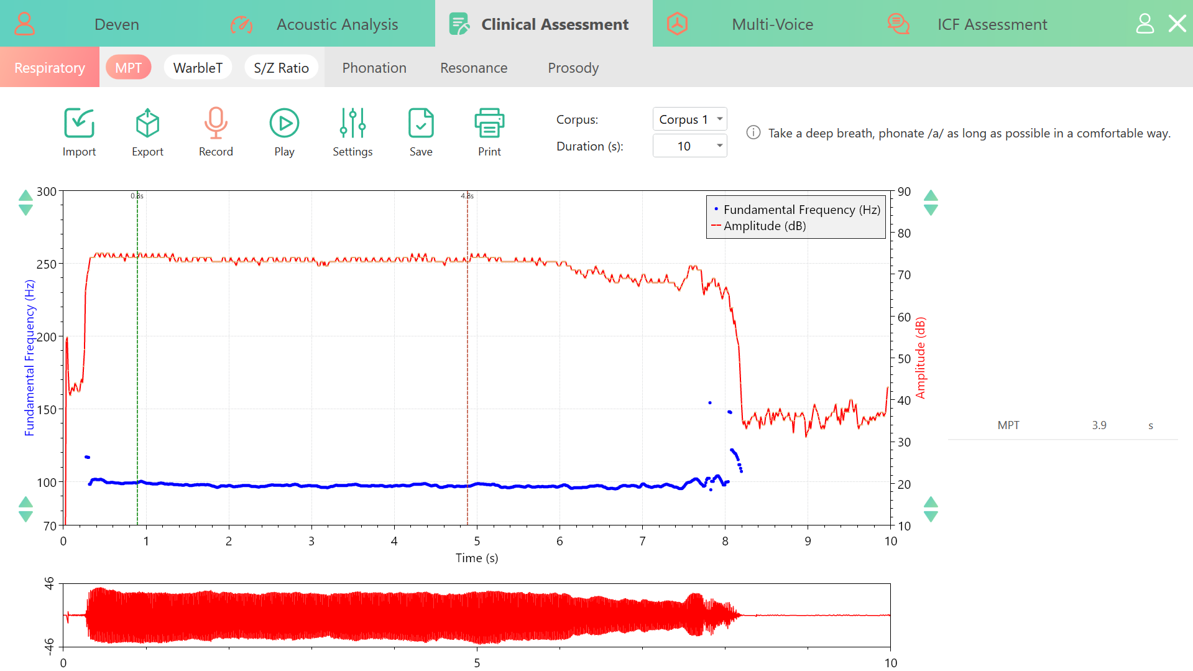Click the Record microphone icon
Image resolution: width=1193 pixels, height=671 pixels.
(216, 123)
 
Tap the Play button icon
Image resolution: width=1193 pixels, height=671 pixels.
(284, 123)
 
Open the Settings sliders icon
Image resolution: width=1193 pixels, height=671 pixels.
(352, 123)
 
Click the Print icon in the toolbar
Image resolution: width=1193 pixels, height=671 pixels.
(489, 123)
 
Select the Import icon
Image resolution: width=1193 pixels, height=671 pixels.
(79, 123)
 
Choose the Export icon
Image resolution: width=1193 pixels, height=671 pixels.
(147, 123)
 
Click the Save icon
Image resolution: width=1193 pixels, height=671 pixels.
(421, 123)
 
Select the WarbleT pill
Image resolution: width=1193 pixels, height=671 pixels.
(198, 68)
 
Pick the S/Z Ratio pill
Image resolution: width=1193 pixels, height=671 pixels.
(281, 68)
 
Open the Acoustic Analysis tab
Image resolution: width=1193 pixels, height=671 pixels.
(337, 24)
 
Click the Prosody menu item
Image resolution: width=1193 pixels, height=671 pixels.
(573, 68)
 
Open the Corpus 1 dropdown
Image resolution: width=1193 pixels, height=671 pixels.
(689, 119)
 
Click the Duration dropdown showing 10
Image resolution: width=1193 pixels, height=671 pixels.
(689, 146)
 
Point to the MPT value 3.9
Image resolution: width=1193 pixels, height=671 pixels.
(1099, 425)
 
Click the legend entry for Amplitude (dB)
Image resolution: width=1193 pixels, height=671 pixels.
(765, 226)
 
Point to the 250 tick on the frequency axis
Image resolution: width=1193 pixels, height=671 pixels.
(47, 264)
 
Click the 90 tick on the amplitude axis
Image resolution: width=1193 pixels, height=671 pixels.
(904, 192)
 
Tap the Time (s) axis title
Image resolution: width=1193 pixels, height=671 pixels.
(477, 558)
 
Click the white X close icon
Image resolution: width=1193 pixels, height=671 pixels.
(1177, 24)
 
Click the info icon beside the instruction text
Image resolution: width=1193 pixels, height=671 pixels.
(753, 132)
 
